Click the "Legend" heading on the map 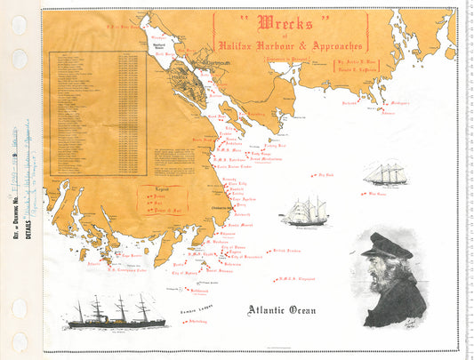tap(156, 188)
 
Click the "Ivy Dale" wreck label tap(325, 175)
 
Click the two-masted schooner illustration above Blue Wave tap(384, 174)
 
